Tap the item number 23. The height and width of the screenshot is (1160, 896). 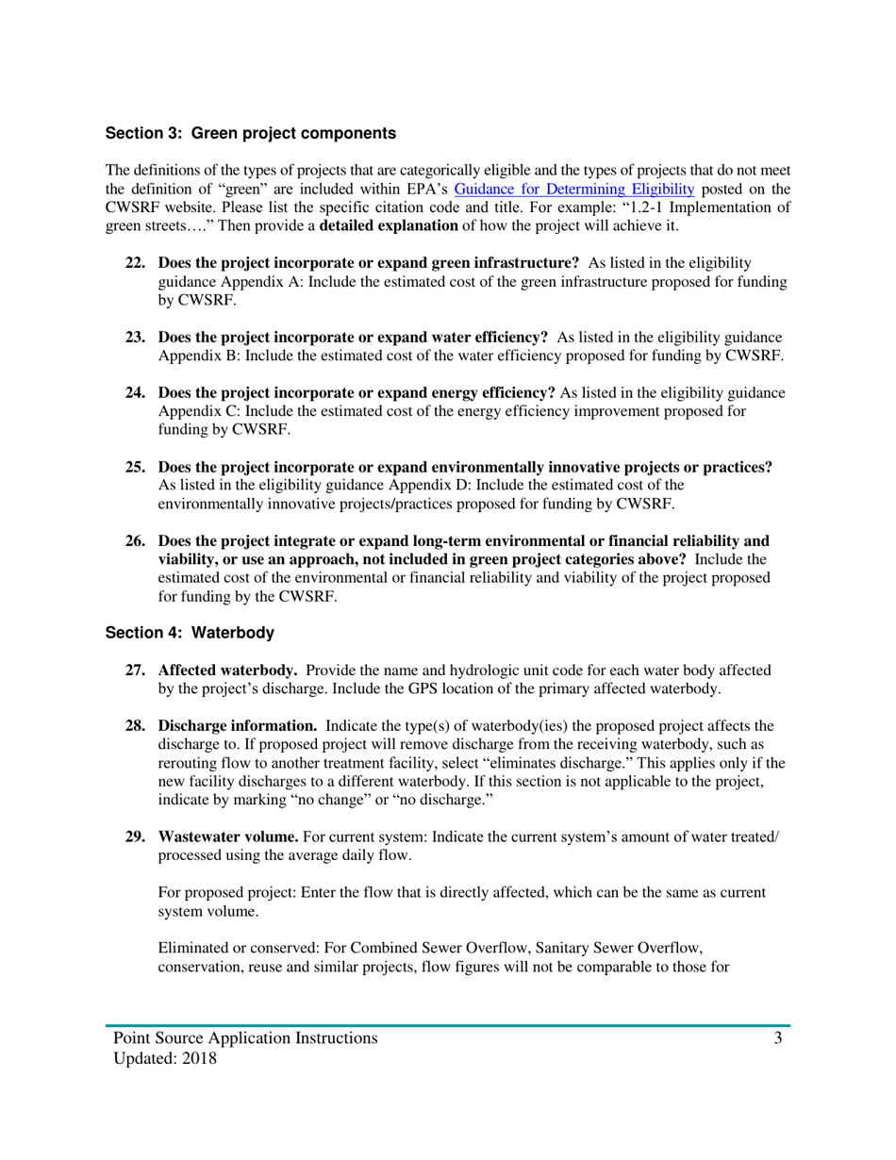[138, 337]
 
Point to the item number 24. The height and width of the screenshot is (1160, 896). [138, 391]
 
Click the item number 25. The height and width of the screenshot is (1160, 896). [138, 467]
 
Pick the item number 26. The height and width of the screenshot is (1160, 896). [138, 540]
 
